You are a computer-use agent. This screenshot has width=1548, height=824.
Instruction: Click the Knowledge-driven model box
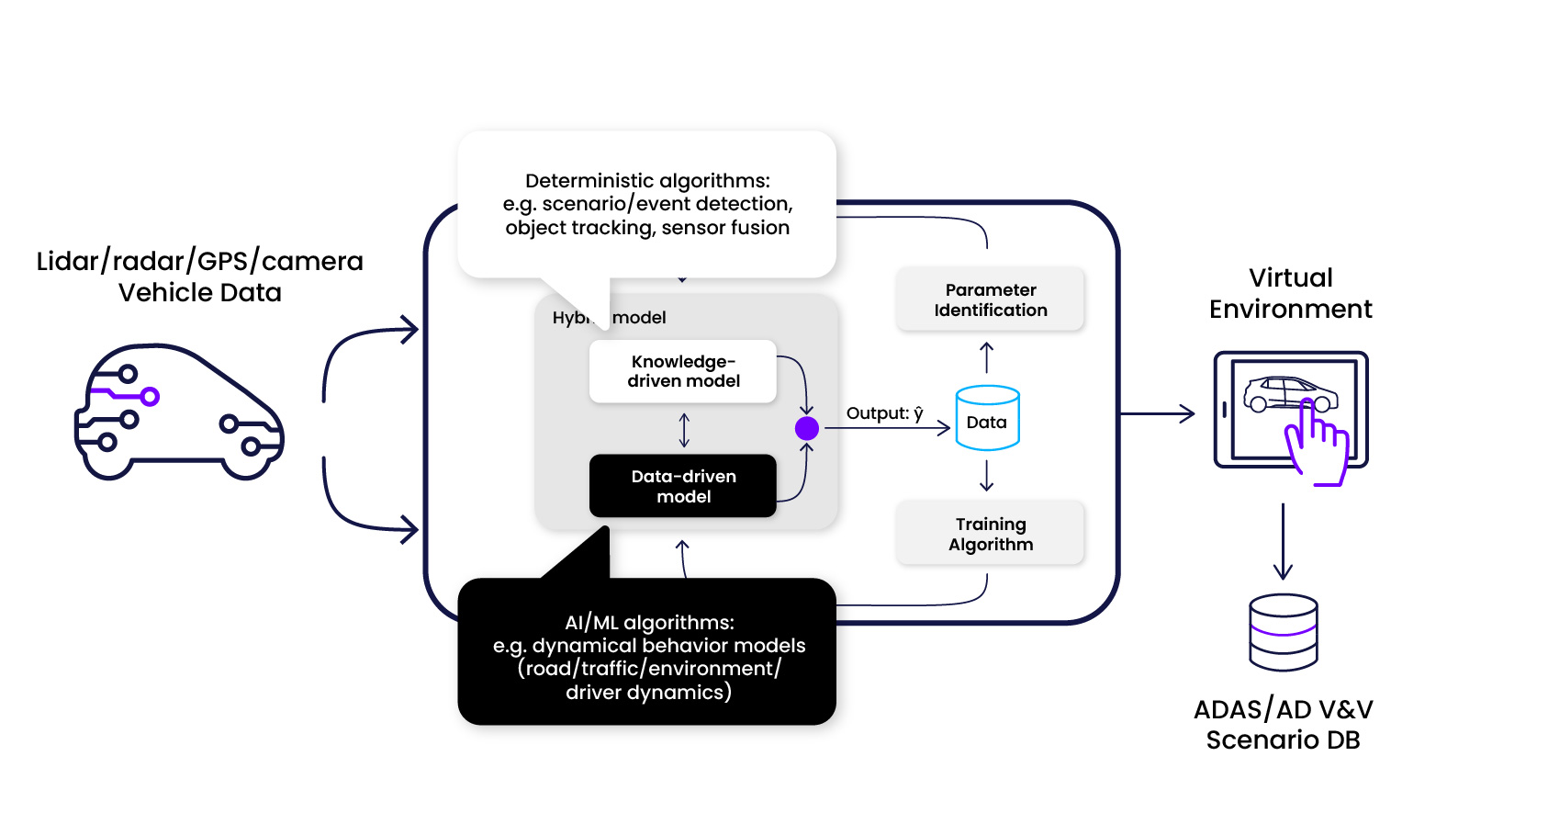(x=683, y=371)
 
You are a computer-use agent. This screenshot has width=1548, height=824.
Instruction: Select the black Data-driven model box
(x=683, y=486)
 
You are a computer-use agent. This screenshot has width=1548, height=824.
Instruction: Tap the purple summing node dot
(x=806, y=428)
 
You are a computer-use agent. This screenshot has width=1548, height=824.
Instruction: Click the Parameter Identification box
(x=990, y=299)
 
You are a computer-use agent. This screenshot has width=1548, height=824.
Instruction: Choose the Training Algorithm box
(x=990, y=534)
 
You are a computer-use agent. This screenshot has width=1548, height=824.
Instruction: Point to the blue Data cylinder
(x=987, y=419)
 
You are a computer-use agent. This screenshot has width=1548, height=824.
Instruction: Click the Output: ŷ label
(x=884, y=413)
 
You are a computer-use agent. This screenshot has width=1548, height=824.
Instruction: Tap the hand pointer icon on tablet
(x=1317, y=445)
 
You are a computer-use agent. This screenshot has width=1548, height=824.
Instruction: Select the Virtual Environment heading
(x=1290, y=293)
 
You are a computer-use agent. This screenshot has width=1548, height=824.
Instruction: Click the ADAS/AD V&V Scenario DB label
(x=1283, y=724)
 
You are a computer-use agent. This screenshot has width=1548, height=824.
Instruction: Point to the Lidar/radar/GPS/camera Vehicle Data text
(x=199, y=277)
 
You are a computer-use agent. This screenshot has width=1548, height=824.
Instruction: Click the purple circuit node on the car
(x=150, y=397)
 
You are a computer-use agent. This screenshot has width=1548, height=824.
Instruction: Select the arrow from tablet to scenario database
(x=1283, y=542)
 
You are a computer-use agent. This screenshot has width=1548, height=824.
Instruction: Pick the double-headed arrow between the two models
(x=684, y=430)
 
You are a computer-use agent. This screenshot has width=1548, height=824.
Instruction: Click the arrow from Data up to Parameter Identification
(x=987, y=357)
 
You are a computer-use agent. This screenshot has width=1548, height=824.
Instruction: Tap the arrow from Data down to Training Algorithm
(x=987, y=475)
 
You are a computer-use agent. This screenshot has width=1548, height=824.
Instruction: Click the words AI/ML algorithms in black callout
(x=649, y=623)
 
